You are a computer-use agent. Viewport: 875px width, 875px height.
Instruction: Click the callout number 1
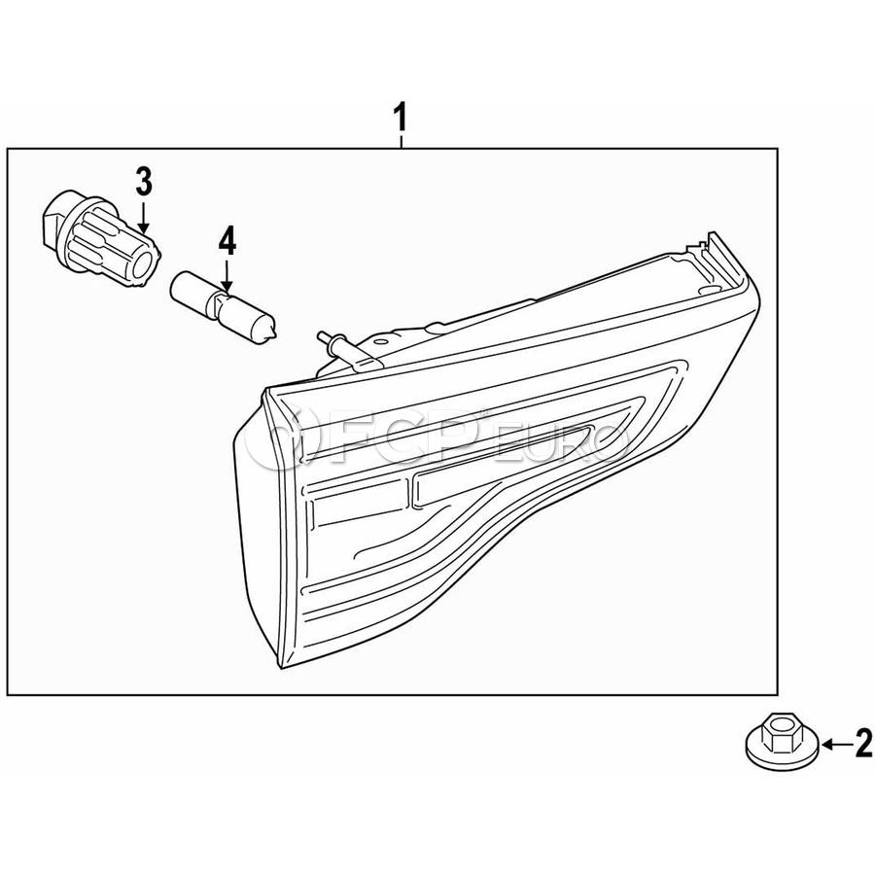[x=400, y=116]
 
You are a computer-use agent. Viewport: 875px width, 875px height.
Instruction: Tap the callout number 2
[x=863, y=743]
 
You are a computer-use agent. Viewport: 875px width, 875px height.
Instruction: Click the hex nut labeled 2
[x=783, y=743]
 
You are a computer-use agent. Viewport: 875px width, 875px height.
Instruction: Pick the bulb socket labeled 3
[x=101, y=239]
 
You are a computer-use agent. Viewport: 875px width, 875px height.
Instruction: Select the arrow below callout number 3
[x=144, y=219]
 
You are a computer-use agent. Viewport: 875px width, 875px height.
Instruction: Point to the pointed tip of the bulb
[x=274, y=334]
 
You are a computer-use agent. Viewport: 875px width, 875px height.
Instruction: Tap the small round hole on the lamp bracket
[x=380, y=340]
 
